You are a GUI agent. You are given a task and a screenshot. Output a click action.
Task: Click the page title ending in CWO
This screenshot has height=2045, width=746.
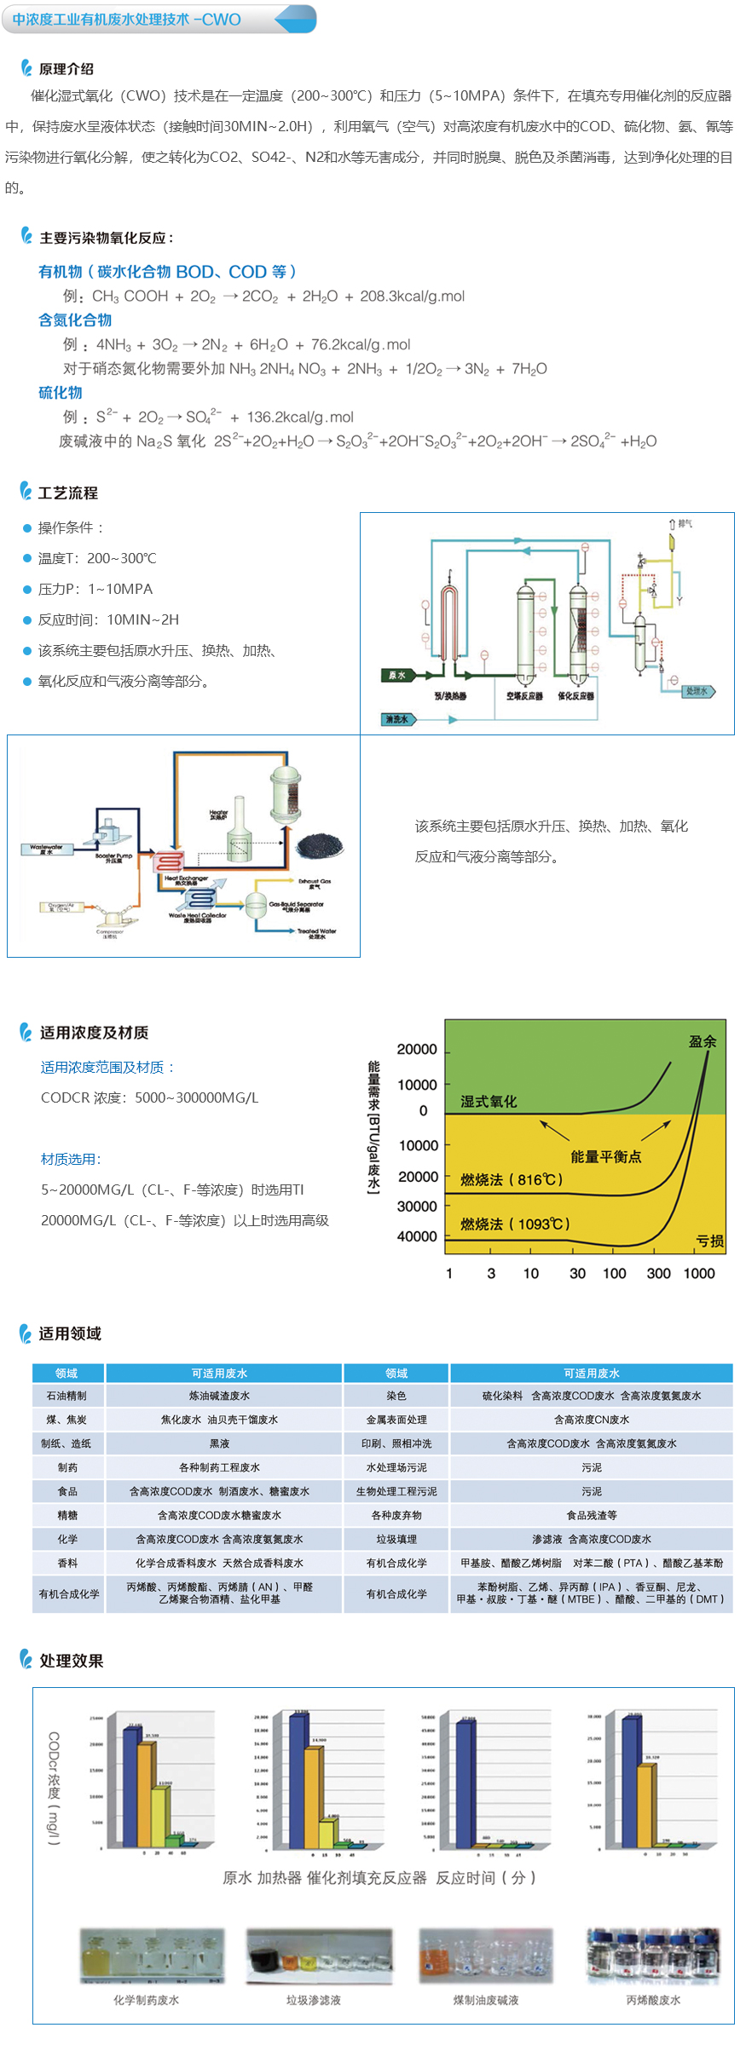click(x=126, y=20)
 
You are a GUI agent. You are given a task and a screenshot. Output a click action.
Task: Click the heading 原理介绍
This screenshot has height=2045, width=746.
click(x=67, y=69)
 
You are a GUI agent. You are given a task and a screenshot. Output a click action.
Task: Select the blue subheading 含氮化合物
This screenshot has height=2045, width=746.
click(x=75, y=320)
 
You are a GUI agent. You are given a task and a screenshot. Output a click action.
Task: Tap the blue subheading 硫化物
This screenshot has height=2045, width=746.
click(x=61, y=393)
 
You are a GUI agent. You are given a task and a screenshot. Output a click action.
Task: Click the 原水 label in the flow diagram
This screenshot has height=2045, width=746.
click(x=397, y=675)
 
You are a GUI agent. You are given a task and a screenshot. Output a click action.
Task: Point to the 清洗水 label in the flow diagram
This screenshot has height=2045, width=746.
click(x=397, y=719)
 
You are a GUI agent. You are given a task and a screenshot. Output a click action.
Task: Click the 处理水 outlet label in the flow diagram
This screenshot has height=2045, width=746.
click(x=697, y=691)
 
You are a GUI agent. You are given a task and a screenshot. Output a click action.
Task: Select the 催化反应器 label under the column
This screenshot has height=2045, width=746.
click(x=576, y=696)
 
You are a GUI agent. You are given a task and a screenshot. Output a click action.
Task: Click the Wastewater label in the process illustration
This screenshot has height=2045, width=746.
click(x=46, y=849)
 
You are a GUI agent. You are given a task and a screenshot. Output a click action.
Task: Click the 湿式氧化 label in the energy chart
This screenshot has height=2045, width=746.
click(x=489, y=1102)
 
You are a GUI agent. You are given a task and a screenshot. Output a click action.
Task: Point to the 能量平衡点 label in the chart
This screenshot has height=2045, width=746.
click(x=605, y=1156)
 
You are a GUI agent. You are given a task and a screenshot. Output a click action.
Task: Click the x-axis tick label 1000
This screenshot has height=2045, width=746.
click(x=699, y=1273)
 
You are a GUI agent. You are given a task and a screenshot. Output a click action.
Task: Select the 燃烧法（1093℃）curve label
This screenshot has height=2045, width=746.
click(x=515, y=1224)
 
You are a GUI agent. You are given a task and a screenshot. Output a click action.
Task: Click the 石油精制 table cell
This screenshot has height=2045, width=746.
click(x=67, y=1396)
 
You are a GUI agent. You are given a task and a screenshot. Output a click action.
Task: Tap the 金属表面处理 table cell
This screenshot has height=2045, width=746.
click(x=396, y=1420)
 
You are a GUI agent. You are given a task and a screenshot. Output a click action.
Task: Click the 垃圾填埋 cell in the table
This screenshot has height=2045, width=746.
click(x=396, y=1539)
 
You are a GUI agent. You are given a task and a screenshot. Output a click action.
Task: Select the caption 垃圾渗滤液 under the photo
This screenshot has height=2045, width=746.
click(x=314, y=2000)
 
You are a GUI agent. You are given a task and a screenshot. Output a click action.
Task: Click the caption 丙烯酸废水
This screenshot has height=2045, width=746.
click(x=653, y=2000)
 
